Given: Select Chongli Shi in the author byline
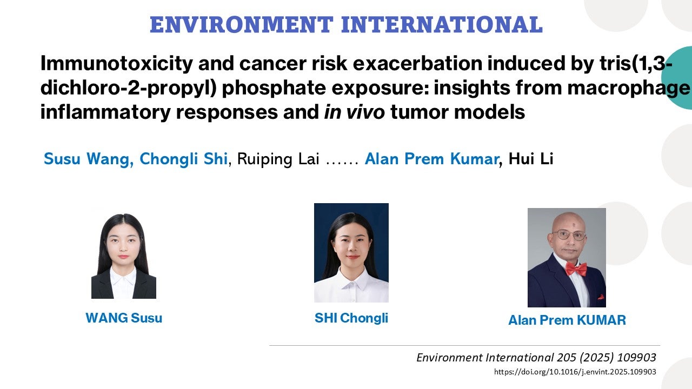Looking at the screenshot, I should [x=184, y=159].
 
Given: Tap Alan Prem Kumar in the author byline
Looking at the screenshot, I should [x=431, y=159].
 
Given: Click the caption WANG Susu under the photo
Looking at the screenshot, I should [x=124, y=318].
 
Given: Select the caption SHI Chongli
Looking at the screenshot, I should [x=351, y=318].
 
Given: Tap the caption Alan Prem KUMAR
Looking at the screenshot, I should [x=567, y=320].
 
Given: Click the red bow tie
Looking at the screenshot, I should [x=576, y=269].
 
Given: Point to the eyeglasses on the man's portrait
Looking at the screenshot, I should [x=569, y=236].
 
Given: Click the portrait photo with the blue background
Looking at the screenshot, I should [x=351, y=252].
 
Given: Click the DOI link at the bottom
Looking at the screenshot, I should [x=575, y=372].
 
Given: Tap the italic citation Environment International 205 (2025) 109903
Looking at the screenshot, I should [x=536, y=358].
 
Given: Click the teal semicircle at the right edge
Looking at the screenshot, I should [x=679, y=78].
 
